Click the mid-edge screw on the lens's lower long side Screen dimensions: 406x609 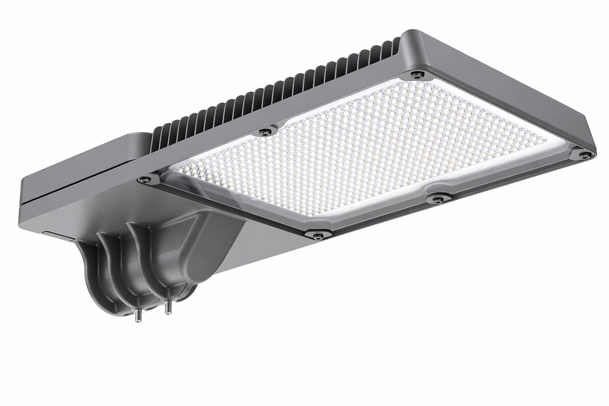pyautogui.click(x=437, y=199)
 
